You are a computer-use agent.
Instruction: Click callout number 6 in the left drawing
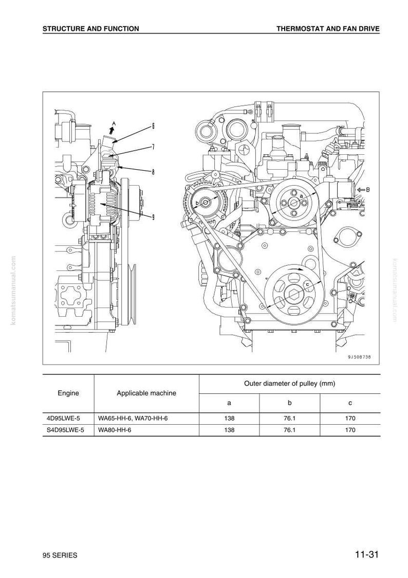point(153,125)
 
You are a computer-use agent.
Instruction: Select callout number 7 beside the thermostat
point(153,147)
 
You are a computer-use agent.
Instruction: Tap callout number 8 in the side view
point(153,171)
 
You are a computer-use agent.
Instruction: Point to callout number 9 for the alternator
point(153,217)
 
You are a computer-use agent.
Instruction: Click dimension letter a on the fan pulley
point(301,196)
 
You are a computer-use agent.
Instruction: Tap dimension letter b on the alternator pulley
point(197,203)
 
